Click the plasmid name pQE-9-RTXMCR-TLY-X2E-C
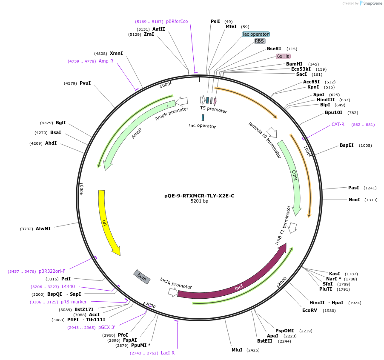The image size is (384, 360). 199,196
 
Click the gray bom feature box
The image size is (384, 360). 142,277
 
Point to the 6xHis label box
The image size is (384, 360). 283,56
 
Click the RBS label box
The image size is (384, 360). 260,41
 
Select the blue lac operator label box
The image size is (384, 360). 256,34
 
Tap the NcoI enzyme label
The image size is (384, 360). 354,200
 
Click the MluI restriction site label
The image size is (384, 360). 237,350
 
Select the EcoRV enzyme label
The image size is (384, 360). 309,310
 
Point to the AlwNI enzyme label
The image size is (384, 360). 43,229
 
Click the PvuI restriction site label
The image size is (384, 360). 85,83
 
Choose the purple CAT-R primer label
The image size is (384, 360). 338,125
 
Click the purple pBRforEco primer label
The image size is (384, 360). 177,21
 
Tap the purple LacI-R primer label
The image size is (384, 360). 167,353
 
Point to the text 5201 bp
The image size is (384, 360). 199,201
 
